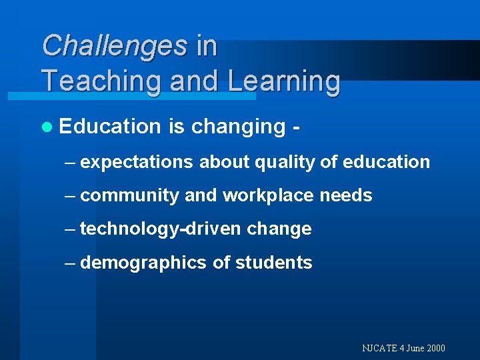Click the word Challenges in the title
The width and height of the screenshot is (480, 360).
pos(115,46)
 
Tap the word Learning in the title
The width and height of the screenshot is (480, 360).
pos(284,81)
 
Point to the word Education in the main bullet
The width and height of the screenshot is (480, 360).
pos(110,126)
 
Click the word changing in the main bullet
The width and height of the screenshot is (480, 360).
pos(238,127)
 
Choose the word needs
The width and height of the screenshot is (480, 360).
pos(346,195)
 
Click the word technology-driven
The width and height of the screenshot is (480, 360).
pos(161,229)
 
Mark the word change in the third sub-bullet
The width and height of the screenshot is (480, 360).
pos(279,229)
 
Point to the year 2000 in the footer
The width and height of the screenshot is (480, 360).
pos(435,348)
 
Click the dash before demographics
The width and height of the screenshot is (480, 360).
pos(70,263)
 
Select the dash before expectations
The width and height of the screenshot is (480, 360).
pos(70,162)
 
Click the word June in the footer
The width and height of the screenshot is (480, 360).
pos(414,348)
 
